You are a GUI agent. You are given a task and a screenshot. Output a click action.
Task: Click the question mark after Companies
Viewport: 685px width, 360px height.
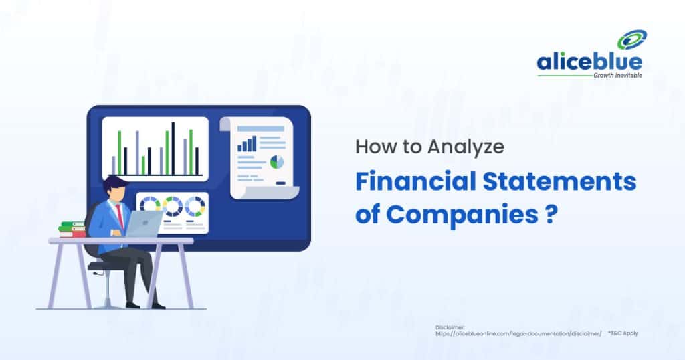click(x=550, y=216)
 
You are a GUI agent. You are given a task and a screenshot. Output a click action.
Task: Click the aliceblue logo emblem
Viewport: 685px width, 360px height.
click(x=631, y=41)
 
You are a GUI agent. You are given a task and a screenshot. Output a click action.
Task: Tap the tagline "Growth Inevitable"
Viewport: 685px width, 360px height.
click(x=617, y=76)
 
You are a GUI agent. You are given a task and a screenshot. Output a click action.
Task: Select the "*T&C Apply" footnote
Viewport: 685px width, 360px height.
click(x=623, y=333)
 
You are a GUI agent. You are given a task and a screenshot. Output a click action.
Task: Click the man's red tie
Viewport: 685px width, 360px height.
click(x=120, y=214)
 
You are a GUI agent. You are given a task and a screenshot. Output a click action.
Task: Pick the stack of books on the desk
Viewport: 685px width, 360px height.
click(x=72, y=230)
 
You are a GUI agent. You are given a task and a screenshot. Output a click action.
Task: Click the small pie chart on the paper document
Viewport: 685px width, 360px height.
click(x=276, y=161)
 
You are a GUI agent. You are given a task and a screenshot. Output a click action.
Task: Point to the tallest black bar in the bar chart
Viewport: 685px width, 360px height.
click(x=173, y=148)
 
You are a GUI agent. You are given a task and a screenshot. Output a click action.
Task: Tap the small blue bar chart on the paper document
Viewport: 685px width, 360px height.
click(x=247, y=143)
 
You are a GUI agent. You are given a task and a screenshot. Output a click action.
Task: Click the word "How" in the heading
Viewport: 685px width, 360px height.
click(x=369, y=147)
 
